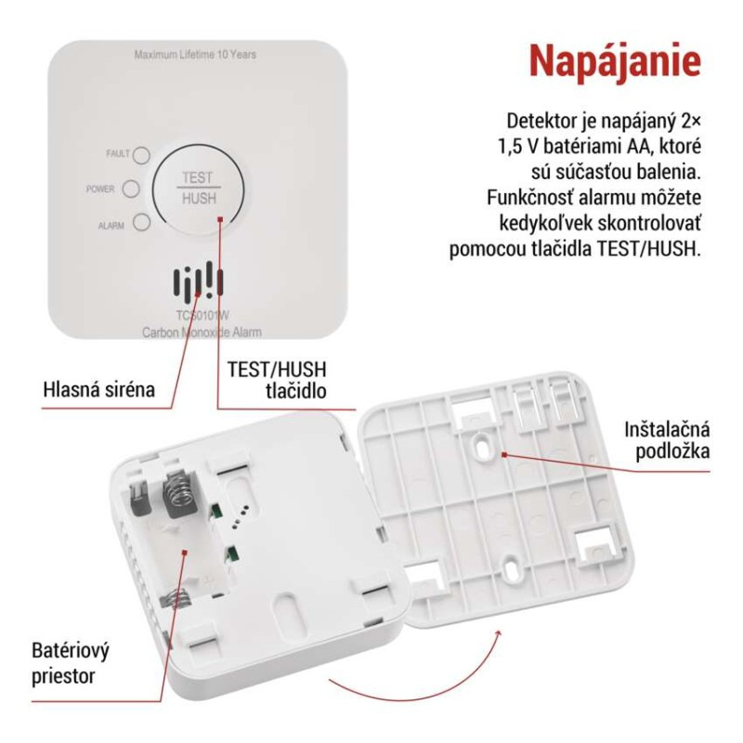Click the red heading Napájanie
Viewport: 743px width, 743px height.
pos(614,60)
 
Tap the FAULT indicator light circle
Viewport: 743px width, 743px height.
pos(142,154)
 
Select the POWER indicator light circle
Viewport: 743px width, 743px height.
pos(131,189)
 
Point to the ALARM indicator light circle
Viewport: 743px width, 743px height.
pos(141,222)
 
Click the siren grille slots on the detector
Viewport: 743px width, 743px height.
pos(197,281)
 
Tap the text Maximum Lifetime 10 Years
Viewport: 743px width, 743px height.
pos(195,55)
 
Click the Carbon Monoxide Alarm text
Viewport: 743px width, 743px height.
pos(202,332)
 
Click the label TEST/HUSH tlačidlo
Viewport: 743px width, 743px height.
pos(277,380)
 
